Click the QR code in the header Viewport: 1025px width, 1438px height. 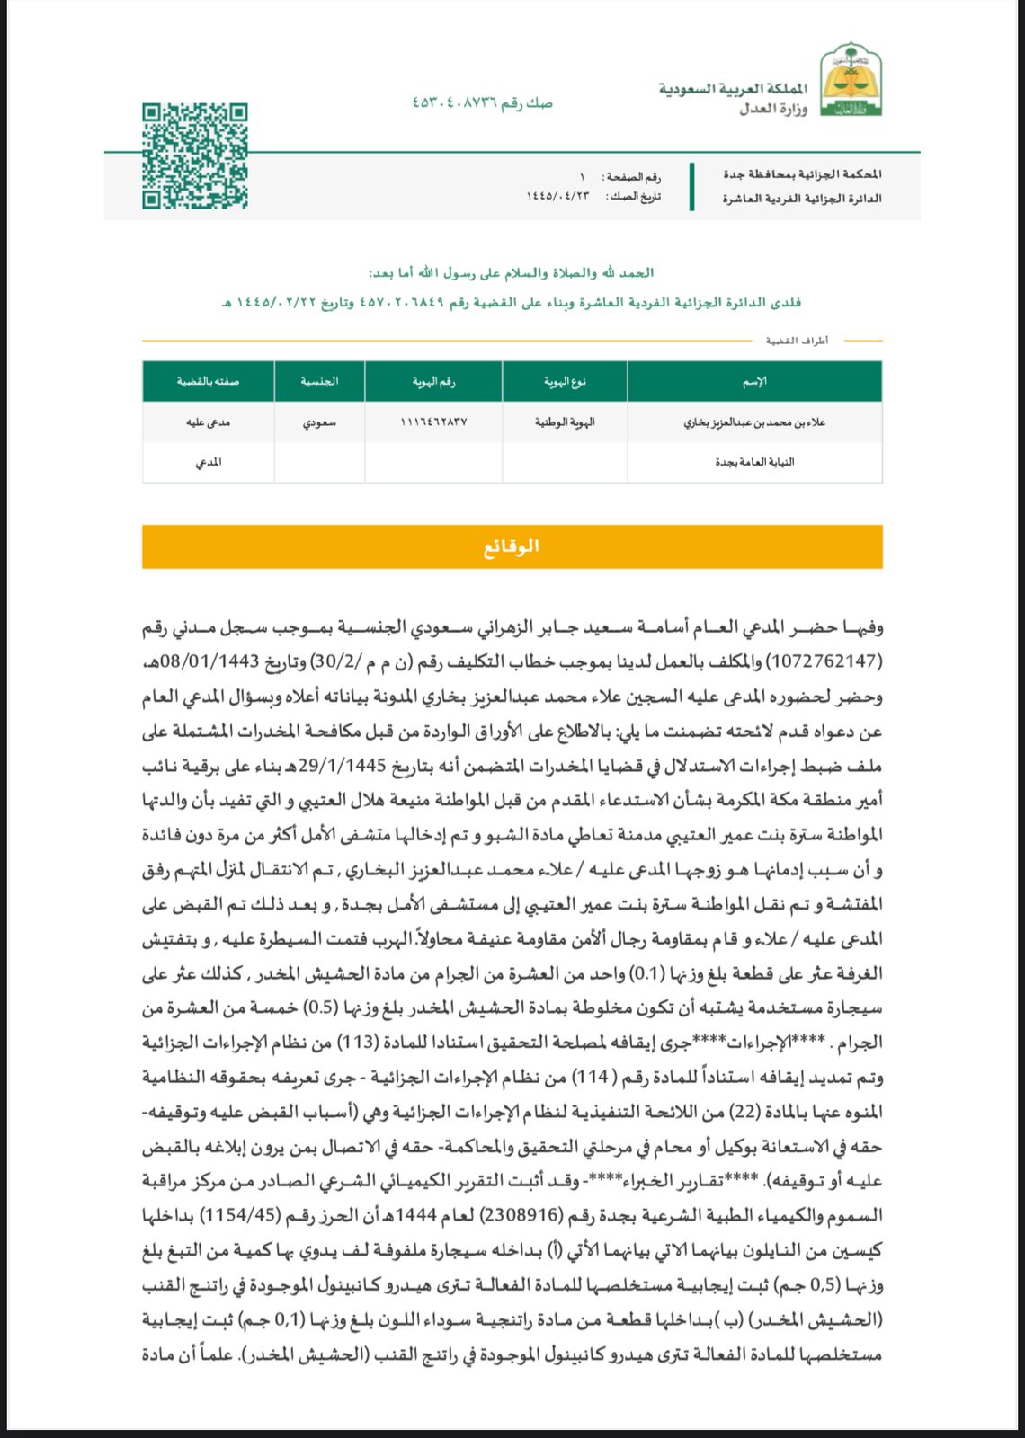194,156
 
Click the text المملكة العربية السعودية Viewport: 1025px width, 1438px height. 733,90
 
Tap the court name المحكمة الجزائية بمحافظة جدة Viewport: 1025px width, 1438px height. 802,174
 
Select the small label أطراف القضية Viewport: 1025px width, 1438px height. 797,341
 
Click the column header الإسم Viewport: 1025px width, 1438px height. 753,382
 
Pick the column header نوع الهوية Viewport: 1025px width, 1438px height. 565,382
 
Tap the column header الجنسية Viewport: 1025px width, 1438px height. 319,382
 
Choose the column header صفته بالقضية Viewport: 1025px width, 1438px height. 209,382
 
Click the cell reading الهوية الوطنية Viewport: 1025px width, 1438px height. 565,422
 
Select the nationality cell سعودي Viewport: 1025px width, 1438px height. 319,422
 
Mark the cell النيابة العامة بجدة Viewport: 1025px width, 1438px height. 753,462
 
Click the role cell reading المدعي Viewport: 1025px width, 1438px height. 209,462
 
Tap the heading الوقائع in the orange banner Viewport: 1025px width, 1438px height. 512,546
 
